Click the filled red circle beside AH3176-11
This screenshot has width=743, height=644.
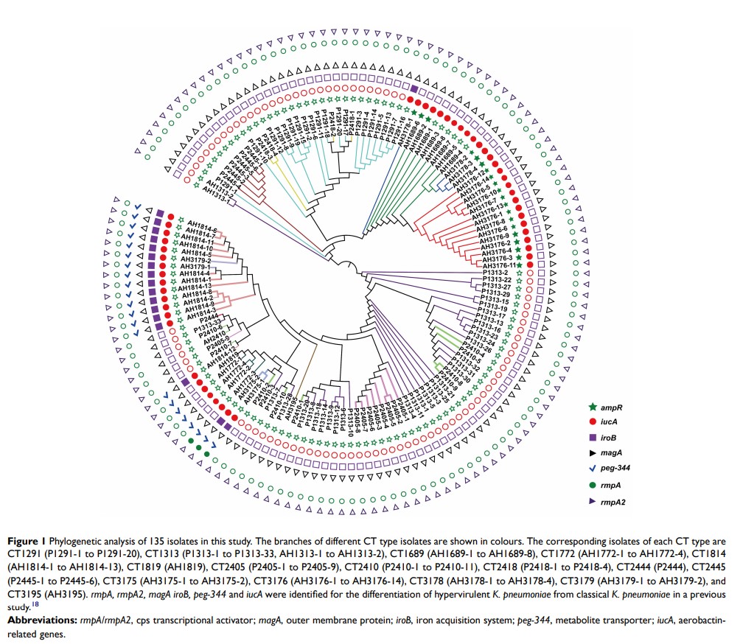529,263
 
